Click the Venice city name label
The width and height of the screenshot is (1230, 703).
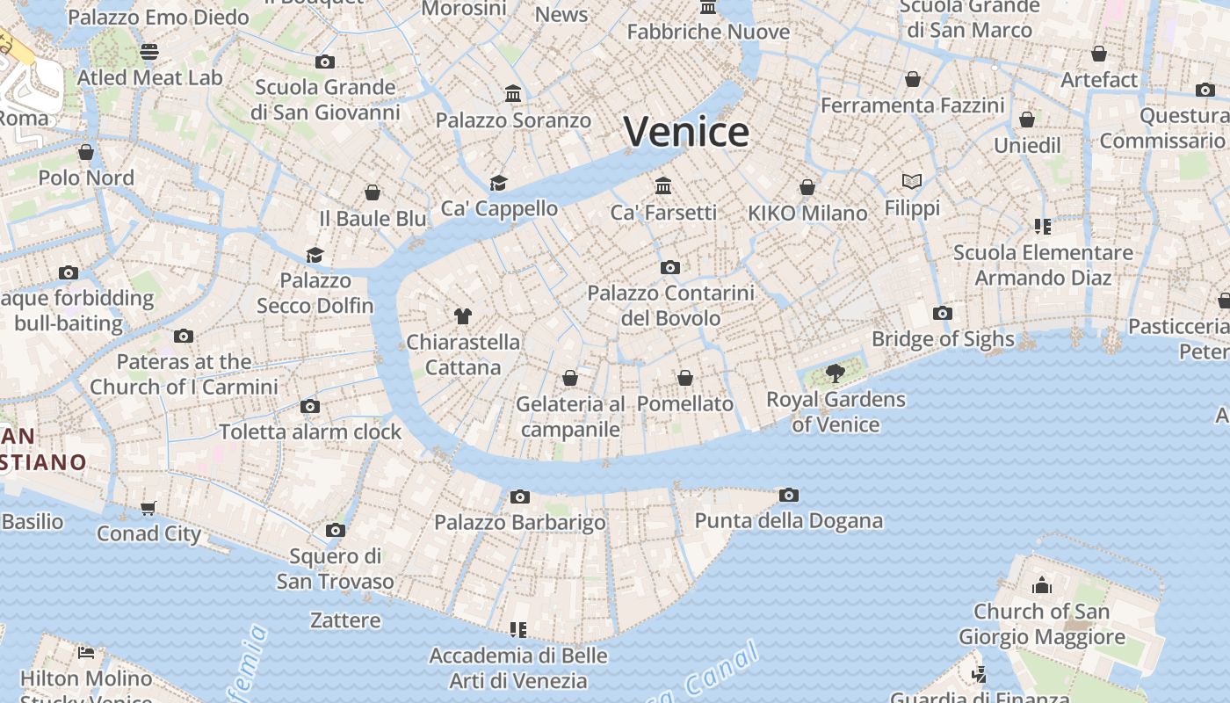click(x=686, y=132)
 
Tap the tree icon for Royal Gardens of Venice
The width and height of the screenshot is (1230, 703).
click(x=836, y=374)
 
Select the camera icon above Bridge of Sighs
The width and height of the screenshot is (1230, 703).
click(x=943, y=314)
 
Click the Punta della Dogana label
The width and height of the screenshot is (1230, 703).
click(x=788, y=520)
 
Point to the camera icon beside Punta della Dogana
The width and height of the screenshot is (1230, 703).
click(x=789, y=496)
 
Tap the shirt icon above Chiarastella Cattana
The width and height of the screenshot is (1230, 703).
click(x=463, y=316)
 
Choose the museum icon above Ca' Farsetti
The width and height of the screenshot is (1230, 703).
click(x=663, y=186)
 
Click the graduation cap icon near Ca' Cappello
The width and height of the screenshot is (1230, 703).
click(x=499, y=183)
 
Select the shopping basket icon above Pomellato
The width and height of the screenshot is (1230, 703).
click(x=685, y=379)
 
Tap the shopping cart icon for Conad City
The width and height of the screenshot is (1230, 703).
click(x=148, y=508)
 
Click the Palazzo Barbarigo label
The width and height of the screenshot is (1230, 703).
click(x=520, y=523)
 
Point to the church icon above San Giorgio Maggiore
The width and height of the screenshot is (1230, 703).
click(x=1042, y=585)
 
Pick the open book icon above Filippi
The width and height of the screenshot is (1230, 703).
click(x=912, y=182)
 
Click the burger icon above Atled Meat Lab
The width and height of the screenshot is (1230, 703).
click(x=149, y=52)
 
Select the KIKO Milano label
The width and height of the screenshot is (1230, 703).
click(x=807, y=213)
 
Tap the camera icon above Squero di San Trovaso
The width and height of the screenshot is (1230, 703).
click(x=335, y=531)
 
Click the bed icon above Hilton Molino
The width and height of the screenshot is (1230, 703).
click(x=86, y=652)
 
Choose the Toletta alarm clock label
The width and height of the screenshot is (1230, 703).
click(x=310, y=431)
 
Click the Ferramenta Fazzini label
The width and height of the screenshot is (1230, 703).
click(x=912, y=105)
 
